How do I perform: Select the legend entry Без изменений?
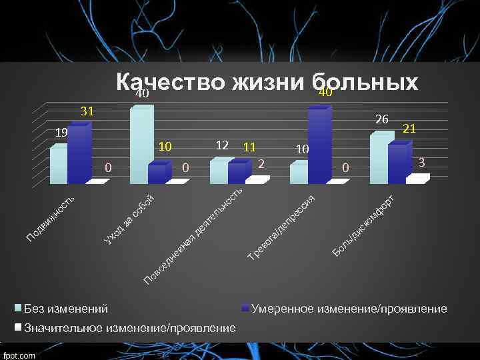[65, 309]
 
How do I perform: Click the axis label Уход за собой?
[130, 217]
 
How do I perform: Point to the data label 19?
[61, 133]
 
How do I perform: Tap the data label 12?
[223, 145]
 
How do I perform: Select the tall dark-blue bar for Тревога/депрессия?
[319, 147]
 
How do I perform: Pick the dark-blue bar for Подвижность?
[77, 155]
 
